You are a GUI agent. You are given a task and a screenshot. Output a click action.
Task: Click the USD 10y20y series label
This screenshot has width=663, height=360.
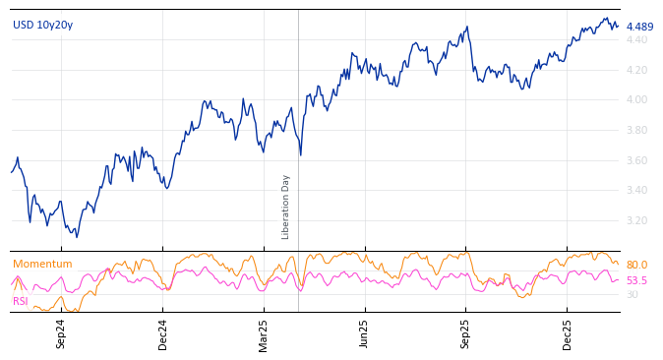42,26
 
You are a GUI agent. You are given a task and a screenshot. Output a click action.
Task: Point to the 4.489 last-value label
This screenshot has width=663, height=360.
639,28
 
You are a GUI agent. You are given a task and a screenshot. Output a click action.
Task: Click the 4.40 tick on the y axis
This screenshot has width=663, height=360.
637,40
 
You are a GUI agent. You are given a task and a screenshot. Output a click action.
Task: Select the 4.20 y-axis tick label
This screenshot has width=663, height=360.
637,70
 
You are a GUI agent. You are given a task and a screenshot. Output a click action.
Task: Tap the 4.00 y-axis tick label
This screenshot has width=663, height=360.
637,100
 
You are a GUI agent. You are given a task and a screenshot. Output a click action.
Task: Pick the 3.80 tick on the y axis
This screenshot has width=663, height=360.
637,130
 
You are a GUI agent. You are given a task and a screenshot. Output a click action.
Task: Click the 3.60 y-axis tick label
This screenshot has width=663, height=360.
637,160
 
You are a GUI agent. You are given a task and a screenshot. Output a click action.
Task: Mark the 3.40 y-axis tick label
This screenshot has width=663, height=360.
637,191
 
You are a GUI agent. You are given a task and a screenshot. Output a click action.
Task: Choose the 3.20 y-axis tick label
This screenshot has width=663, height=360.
637,220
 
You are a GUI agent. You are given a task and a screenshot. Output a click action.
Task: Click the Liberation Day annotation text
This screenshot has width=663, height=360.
286,207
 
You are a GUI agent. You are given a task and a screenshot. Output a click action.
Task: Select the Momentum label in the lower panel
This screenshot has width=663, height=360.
42,265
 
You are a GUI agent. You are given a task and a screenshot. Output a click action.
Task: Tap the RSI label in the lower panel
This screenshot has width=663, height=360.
21,301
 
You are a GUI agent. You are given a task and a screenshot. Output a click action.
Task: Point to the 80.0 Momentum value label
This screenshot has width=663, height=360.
636,266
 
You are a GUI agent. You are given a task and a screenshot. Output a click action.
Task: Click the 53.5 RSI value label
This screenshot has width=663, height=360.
636,281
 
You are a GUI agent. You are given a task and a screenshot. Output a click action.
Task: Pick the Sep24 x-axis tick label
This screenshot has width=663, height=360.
61,333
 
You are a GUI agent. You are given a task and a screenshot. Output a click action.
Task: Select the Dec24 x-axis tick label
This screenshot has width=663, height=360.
163,333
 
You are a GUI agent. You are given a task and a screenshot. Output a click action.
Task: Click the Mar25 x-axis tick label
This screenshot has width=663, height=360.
264,333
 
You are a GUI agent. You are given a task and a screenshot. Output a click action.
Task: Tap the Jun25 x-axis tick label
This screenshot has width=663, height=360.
364,333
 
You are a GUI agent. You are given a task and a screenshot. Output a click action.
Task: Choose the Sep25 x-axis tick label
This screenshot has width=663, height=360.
466,333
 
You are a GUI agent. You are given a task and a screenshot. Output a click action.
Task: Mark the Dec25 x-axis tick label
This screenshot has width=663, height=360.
568,333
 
